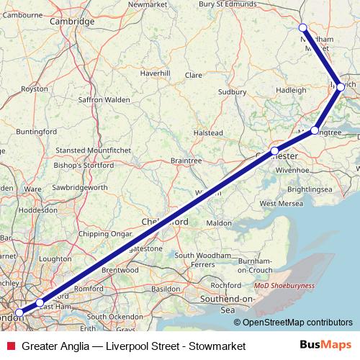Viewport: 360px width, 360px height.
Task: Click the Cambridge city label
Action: (x=72, y=22)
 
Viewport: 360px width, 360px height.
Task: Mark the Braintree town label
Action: (x=186, y=160)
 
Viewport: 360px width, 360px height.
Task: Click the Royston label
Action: (x=35, y=89)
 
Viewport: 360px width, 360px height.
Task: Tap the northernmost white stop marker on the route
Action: (x=303, y=28)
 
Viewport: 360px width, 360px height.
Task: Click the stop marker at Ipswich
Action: (x=341, y=87)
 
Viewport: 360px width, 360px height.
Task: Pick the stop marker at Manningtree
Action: (x=315, y=130)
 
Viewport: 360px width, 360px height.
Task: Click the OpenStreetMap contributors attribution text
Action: (x=298, y=323)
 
